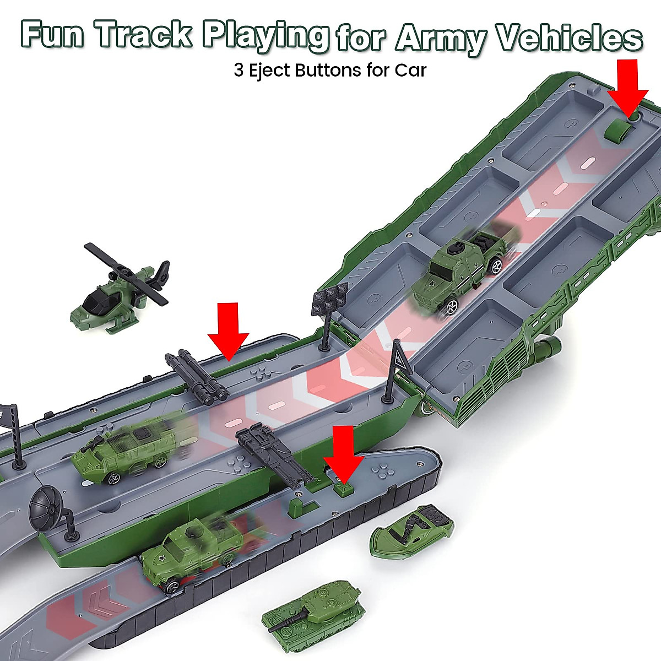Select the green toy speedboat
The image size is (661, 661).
(412, 531)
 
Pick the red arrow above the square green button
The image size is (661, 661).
(343, 451)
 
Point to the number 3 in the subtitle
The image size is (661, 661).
(238, 71)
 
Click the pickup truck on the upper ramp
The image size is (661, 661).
(465, 269)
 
